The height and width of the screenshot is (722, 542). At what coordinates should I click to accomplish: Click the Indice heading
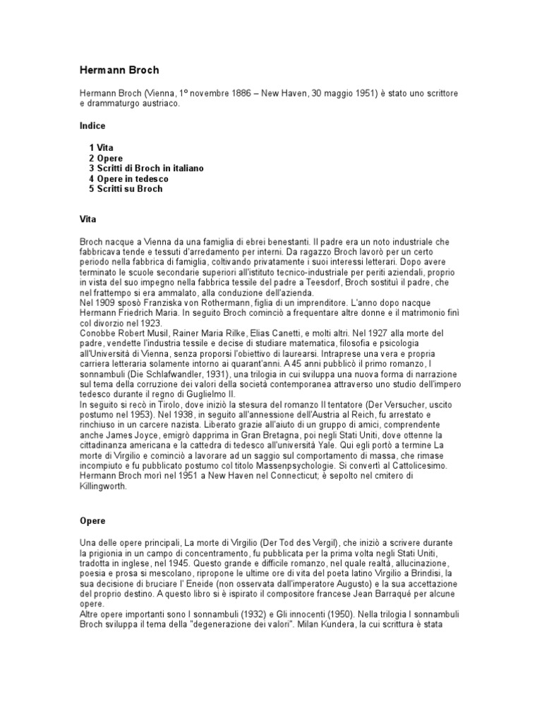92,126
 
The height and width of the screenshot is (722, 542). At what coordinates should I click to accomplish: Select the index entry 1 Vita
100,147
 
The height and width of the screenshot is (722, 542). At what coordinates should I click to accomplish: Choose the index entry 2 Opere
106,158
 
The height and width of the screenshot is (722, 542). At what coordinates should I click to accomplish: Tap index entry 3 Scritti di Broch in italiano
146,169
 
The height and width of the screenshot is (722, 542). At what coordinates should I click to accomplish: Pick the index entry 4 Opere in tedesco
128,179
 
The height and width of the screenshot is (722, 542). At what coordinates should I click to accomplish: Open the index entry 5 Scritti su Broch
126,189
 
